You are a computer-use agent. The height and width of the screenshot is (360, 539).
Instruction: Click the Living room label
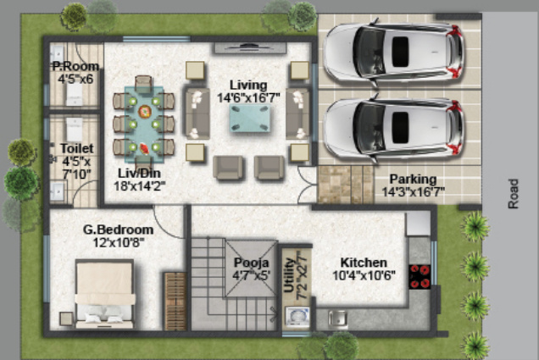[247, 85]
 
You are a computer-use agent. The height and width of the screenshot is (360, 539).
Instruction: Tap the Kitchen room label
[364, 263]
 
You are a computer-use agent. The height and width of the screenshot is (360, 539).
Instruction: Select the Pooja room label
[251, 263]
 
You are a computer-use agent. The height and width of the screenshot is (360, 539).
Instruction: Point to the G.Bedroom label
[118, 230]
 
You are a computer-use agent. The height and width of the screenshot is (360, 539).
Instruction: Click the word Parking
[413, 180]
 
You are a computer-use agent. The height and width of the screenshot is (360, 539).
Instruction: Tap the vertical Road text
[514, 193]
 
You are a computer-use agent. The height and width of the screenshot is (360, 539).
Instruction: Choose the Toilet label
[71, 148]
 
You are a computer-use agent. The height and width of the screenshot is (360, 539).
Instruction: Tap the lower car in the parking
[394, 128]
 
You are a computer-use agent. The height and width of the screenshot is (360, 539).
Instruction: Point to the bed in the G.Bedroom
[104, 294]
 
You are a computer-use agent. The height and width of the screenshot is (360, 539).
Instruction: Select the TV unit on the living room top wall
[250, 47]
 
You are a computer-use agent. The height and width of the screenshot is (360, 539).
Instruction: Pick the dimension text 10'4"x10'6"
[364, 275]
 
